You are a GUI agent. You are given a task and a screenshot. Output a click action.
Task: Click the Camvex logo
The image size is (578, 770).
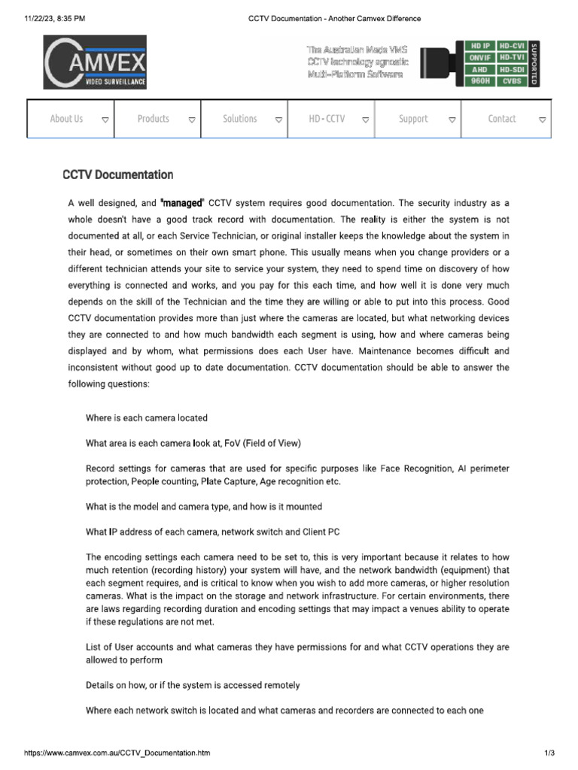point(95,63)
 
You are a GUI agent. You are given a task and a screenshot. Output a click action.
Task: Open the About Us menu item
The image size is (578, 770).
point(66,119)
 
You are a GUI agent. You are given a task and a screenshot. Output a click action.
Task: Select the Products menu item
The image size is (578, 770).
point(154,119)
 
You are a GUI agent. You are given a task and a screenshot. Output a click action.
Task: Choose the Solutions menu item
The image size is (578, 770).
point(240,119)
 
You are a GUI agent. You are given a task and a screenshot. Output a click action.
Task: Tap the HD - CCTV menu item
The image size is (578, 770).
point(327,119)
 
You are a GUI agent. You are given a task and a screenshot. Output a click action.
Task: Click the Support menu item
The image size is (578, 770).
point(413,119)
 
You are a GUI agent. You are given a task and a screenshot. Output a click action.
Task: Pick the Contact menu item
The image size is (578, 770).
point(502,119)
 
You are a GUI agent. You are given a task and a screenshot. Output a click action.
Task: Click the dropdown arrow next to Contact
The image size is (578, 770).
point(543,120)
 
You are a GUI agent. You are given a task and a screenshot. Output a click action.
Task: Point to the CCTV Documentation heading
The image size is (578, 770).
point(117,175)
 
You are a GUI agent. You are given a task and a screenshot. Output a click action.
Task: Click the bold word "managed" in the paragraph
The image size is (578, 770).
point(181,203)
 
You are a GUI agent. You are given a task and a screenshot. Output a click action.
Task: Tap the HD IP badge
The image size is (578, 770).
point(479,46)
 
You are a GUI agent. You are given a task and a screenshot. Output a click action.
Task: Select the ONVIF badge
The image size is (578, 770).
point(479,57)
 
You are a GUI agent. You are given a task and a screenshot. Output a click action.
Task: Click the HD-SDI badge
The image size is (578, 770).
point(512,69)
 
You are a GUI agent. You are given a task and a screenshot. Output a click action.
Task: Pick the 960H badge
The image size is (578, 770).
point(479,80)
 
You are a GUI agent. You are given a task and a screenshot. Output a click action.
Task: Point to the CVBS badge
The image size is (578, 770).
point(512,80)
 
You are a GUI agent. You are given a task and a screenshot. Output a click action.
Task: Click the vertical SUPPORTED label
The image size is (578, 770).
point(534,63)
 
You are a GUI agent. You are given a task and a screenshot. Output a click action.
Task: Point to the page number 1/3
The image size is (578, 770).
point(549,753)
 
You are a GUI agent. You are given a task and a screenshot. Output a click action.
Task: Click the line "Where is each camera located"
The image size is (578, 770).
point(147,417)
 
